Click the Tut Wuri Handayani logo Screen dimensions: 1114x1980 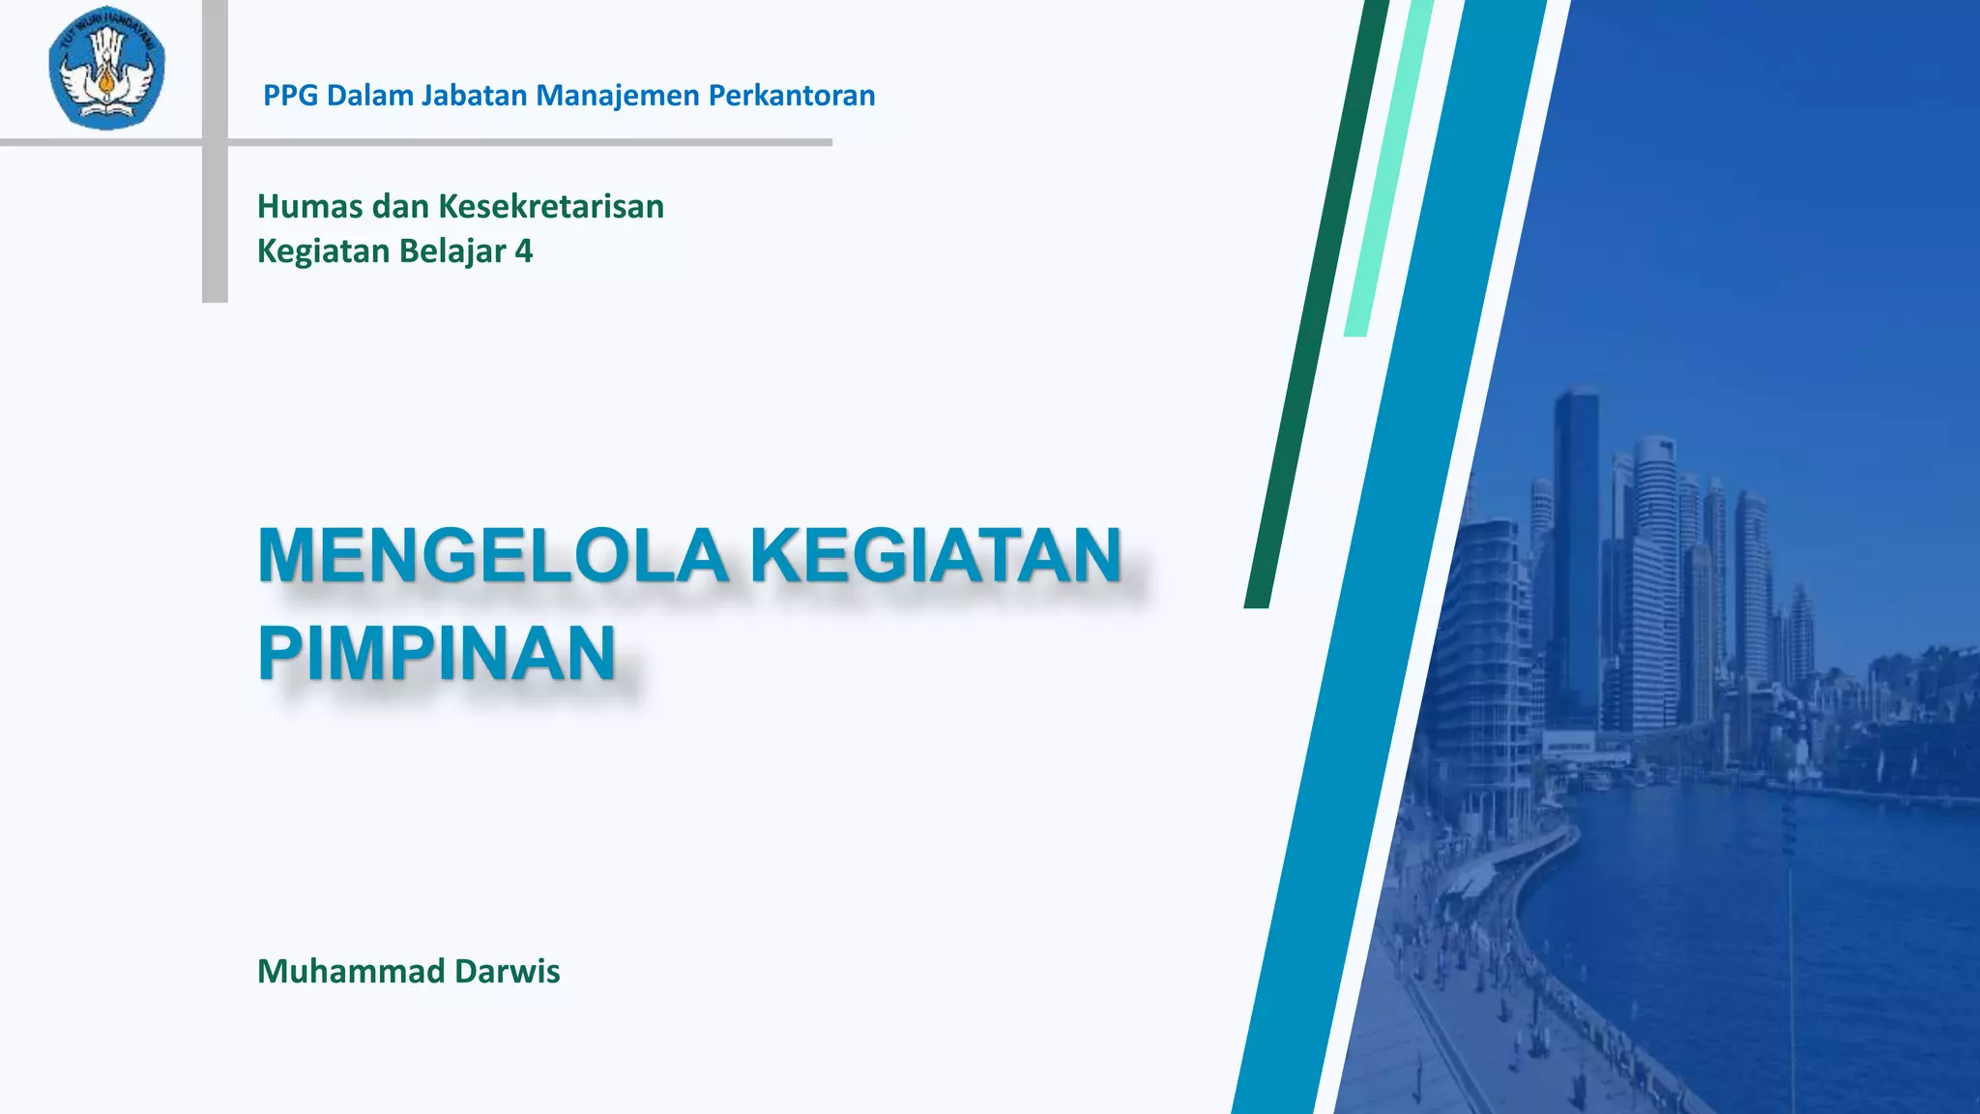coord(107,68)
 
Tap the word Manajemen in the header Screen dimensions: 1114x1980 coord(618,96)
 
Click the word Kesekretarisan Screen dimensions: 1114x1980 coord(551,207)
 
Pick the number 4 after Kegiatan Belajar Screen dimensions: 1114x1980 coord(523,251)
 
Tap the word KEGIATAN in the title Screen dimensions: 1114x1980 coord(936,557)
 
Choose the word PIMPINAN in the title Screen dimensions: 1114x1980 coord(437,654)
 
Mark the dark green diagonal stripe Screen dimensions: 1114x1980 coord(1315,309)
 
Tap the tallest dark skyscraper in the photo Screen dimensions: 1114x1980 coord(1576,542)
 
